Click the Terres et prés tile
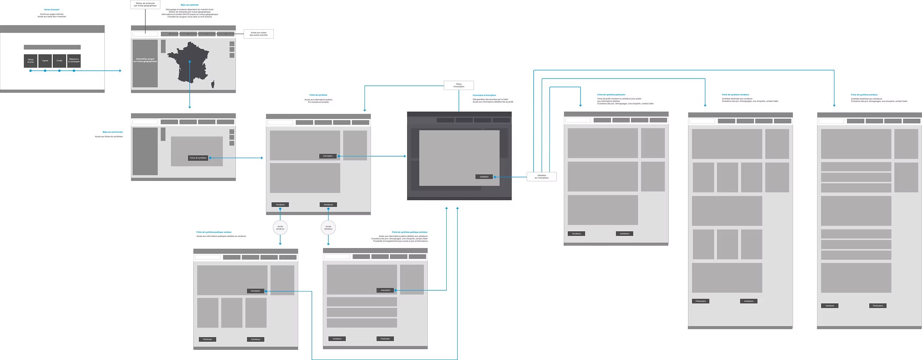click(30, 61)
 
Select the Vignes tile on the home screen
click(45, 61)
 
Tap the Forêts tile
click(59, 61)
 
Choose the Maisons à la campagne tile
click(74, 61)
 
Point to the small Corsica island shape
click(213, 85)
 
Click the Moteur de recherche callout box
click(145, 4)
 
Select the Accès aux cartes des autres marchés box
click(259, 34)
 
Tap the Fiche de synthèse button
click(198, 158)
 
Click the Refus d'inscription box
click(458, 85)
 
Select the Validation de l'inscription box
click(541, 177)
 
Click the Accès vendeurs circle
click(280, 228)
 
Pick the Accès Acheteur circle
click(328, 228)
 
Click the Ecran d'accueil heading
click(52, 10)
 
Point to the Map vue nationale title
click(190, 5)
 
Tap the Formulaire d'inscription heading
click(484, 95)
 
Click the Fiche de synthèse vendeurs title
click(735, 95)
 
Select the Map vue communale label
click(113, 132)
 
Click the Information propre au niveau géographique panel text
click(145, 60)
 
